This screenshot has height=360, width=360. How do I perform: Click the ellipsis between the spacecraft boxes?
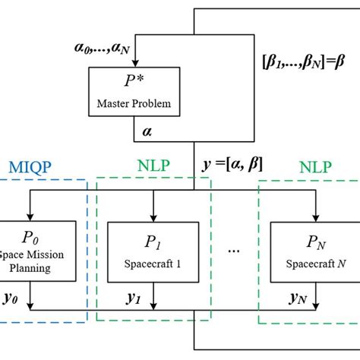click(234, 249)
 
